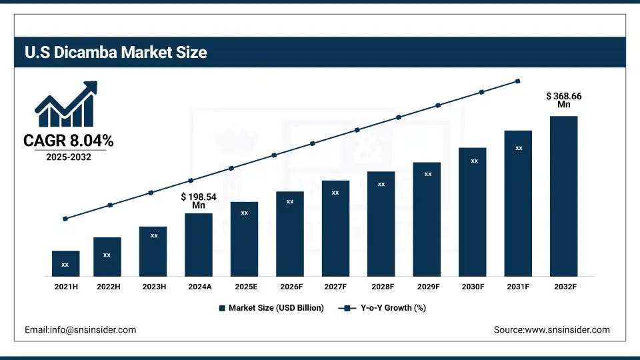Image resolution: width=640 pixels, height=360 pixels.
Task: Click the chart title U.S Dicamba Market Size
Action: coord(116,53)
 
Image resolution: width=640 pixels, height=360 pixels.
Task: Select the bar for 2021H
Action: coord(65,263)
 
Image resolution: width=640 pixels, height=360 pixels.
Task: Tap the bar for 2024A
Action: coord(199,245)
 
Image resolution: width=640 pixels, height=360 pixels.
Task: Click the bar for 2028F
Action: coord(381,223)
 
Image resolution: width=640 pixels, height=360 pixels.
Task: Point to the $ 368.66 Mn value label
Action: coord(564,100)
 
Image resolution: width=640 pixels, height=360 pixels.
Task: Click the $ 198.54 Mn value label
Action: coord(199,201)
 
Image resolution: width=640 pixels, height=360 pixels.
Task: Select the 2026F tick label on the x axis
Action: coord(290,287)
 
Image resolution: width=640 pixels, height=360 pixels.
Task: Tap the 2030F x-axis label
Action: coord(473,287)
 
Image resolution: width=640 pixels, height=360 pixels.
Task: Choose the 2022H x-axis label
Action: coord(107,287)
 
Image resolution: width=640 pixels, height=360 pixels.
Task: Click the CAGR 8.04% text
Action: coord(68,141)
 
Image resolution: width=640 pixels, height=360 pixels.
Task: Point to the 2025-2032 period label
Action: coord(68,157)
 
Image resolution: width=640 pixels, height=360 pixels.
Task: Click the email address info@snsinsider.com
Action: coord(80,330)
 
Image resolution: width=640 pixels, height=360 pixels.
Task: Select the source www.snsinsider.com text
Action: coord(551,330)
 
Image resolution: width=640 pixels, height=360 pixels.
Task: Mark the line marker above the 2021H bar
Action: coord(65,219)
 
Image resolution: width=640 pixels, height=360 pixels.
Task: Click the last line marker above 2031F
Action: coord(518,81)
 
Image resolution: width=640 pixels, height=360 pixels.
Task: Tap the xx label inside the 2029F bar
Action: coord(428,174)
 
